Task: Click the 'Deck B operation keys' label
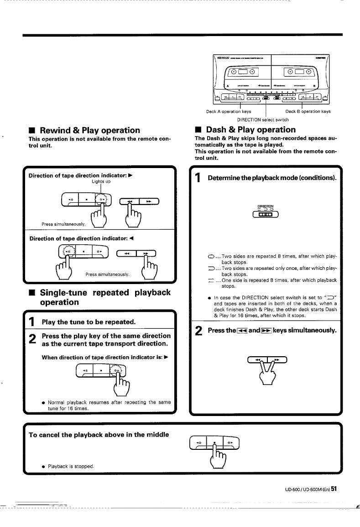[x=308, y=111]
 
